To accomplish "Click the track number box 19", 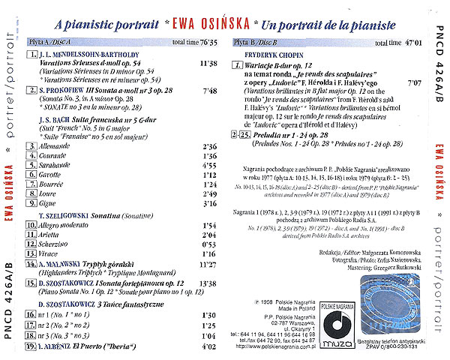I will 29,347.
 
